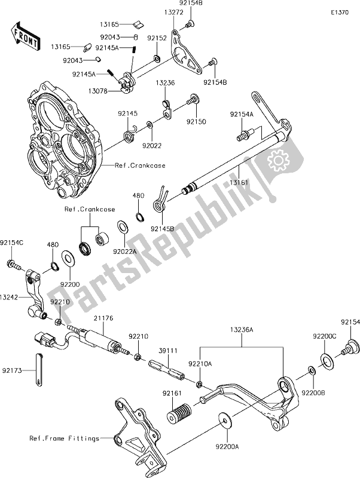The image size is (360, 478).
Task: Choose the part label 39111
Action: pyautogui.click(x=167, y=353)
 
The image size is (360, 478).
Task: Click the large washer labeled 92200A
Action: pyautogui.click(x=225, y=419)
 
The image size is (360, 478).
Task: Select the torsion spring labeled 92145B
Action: pyautogui.click(x=159, y=200)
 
